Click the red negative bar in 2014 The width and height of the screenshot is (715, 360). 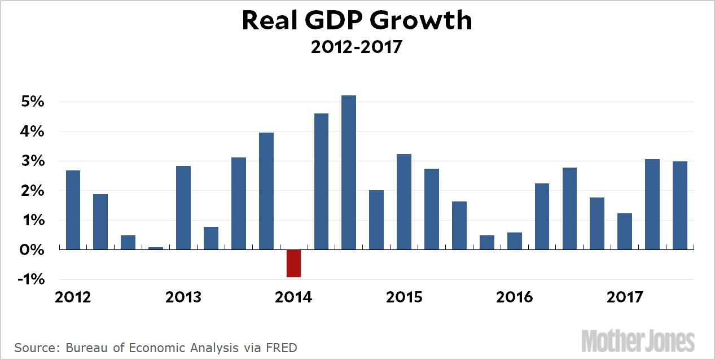point(293,263)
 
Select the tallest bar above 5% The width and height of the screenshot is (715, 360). point(349,172)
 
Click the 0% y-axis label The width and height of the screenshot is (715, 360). point(31,249)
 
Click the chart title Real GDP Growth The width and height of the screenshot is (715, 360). point(357,21)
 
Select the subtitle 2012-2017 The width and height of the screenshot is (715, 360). point(357,47)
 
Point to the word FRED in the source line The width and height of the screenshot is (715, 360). point(282,347)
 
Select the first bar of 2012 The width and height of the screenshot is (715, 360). point(73,209)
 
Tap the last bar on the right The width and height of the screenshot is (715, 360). point(679,205)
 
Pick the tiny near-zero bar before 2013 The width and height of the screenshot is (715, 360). point(156,248)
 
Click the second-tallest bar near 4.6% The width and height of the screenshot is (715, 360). point(321,181)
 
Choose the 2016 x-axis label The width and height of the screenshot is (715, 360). point(514,297)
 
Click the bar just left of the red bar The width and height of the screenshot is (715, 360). point(266,191)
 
